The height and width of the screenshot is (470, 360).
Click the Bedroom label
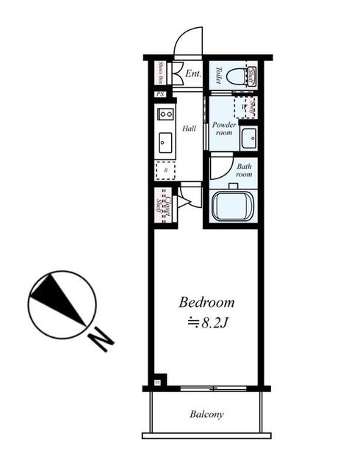point(207,302)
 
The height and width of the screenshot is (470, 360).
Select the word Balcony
point(206,414)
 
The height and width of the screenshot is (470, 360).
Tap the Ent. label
point(193,73)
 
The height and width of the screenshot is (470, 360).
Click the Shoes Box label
point(160,73)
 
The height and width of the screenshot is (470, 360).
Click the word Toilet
point(219,74)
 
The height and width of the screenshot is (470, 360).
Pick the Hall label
point(189,129)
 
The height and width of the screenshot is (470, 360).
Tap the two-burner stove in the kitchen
point(165,114)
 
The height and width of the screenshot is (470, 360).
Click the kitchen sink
point(165,142)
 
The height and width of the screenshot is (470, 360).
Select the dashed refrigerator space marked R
point(165,170)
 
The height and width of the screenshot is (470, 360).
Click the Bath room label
point(245,170)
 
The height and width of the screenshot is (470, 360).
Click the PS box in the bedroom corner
point(157,381)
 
